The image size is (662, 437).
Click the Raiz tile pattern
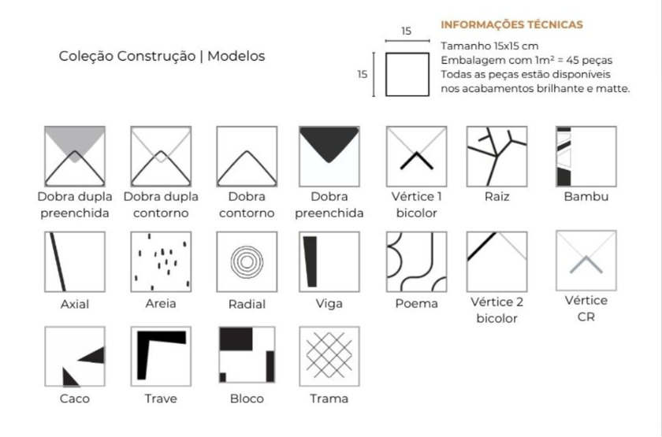[497, 157]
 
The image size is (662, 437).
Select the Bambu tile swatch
[586, 157]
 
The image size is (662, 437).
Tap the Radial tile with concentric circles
[247, 261]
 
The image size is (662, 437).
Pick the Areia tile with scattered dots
[161, 261]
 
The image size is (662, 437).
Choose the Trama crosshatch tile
[329, 357]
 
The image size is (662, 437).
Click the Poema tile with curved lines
[416, 261]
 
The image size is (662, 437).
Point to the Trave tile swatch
[161, 357]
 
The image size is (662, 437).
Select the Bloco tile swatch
[247, 357]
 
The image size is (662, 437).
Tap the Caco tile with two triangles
[75, 357]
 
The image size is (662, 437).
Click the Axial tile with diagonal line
[75, 261]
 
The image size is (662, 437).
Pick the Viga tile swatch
[329, 261]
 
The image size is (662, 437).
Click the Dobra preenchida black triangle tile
[329, 157]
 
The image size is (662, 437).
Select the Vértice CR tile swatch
[586, 261]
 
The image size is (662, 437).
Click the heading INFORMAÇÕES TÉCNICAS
[511, 24]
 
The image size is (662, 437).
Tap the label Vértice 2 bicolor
[497, 310]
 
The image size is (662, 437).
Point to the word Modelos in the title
[236, 56]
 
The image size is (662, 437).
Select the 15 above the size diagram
[406, 31]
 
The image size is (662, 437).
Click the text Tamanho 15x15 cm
[489, 46]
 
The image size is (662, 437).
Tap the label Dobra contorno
[247, 205]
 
